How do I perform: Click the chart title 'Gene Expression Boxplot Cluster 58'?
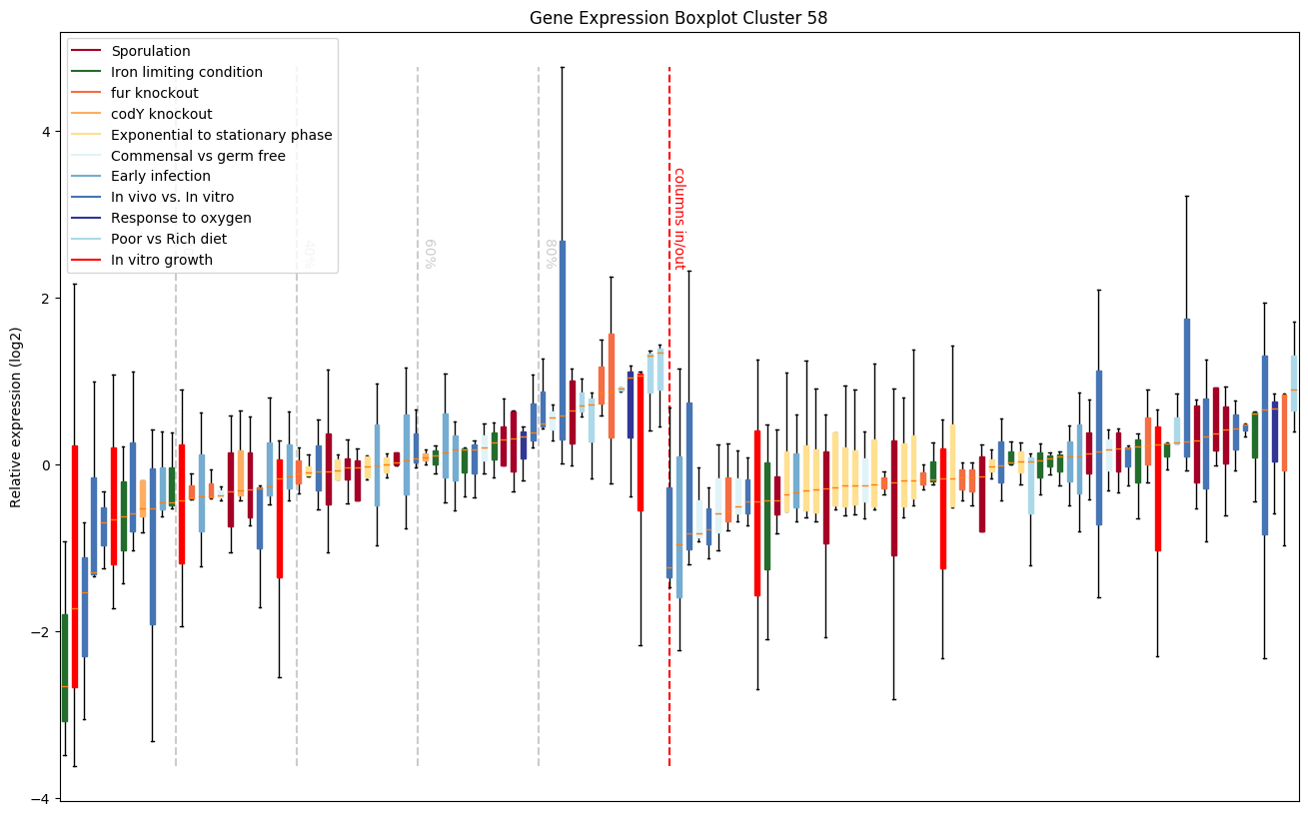click(x=678, y=18)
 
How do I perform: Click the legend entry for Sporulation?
click(x=151, y=51)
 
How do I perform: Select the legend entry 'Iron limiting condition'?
click(x=187, y=72)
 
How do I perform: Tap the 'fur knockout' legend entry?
click(x=155, y=93)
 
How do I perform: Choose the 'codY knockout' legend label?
click(x=162, y=114)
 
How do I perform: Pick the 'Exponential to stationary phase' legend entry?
click(x=222, y=135)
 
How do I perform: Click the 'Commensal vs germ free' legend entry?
click(x=198, y=156)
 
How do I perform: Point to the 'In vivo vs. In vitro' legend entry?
click(x=173, y=197)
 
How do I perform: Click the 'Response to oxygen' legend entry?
click(x=181, y=218)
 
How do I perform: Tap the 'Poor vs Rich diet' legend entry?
click(x=169, y=239)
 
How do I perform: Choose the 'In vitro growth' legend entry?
click(x=162, y=260)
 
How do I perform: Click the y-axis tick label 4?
click(x=45, y=132)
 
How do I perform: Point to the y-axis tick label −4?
click(x=41, y=798)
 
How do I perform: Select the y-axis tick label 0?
click(x=45, y=465)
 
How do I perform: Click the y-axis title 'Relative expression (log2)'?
click(x=16, y=416)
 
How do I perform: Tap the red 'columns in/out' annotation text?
click(x=678, y=218)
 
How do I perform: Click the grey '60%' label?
click(x=430, y=254)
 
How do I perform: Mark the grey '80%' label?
click(x=551, y=254)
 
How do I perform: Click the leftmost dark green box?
click(x=65, y=667)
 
